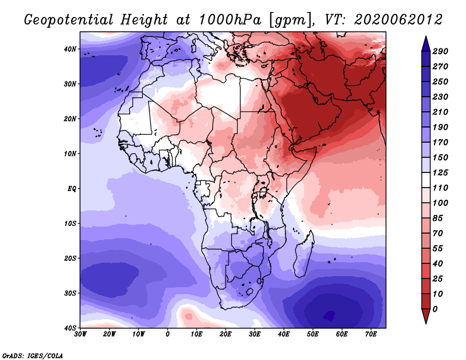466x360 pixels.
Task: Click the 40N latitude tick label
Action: point(69,49)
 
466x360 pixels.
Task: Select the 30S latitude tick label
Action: point(69,293)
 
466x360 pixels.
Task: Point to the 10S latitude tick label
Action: point(69,224)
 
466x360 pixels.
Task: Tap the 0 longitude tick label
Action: point(168,334)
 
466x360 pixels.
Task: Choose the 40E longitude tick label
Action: point(284,334)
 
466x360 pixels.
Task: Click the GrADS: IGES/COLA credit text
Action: point(33,355)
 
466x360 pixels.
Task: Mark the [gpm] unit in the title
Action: point(289,20)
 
